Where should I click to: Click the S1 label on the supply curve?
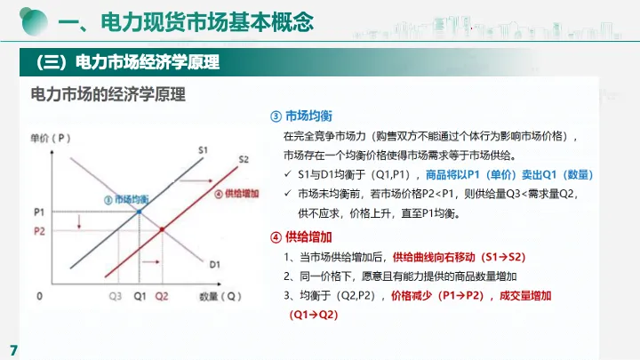pyautogui.click(x=203, y=150)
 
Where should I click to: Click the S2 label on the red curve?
pyautogui.click(x=244, y=159)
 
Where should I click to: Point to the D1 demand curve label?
pyautogui.click(x=215, y=265)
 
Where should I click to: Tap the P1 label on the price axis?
pyautogui.click(x=39, y=212)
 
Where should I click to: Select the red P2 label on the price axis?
pyautogui.click(x=39, y=231)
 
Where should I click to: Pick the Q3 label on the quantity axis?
pyautogui.click(x=116, y=296)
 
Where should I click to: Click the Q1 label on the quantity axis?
pyautogui.click(x=140, y=296)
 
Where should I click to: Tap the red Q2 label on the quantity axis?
pyautogui.click(x=162, y=296)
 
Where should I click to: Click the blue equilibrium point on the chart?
pyautogui.click(x=140, y=212)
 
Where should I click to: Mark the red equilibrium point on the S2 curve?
pyautogui.click(x=162, y=230)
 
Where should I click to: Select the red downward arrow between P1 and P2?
pyautogui.click(x=79, y=221)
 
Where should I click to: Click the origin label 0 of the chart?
pyautogui.click(x=39, y=296)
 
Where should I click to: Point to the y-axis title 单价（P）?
pyautogui.click(x=51, y=138)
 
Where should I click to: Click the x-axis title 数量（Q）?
pyautogui.click(x=220, y=296)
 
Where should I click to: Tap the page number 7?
pyautogui.click(x=14, y=350)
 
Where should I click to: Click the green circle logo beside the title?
pyautogui.click(x=34, y=20)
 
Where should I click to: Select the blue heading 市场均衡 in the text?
pyautogui.click(x=308, y=116)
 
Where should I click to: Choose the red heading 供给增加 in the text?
pyautogui.click(x=308, y=236)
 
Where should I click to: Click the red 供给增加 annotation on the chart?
pyautogui.click(x=241, y=194)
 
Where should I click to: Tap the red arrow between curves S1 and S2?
pyautogui.click(x=196, y=180)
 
